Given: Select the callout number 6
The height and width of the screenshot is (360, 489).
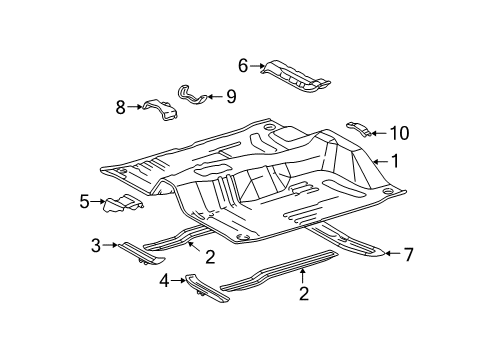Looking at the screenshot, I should click(x=242, y=65).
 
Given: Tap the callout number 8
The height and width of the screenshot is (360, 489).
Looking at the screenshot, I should click(x=121, y=107).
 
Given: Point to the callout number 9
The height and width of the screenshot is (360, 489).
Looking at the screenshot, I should click(x=230, y=97).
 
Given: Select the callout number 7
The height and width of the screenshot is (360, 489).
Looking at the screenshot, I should click(x=407, y=256).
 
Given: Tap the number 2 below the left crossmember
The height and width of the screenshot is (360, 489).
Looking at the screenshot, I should click(x=210, y=257).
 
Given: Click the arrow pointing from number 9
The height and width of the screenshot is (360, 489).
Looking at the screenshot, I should click(x=215, y=97).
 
